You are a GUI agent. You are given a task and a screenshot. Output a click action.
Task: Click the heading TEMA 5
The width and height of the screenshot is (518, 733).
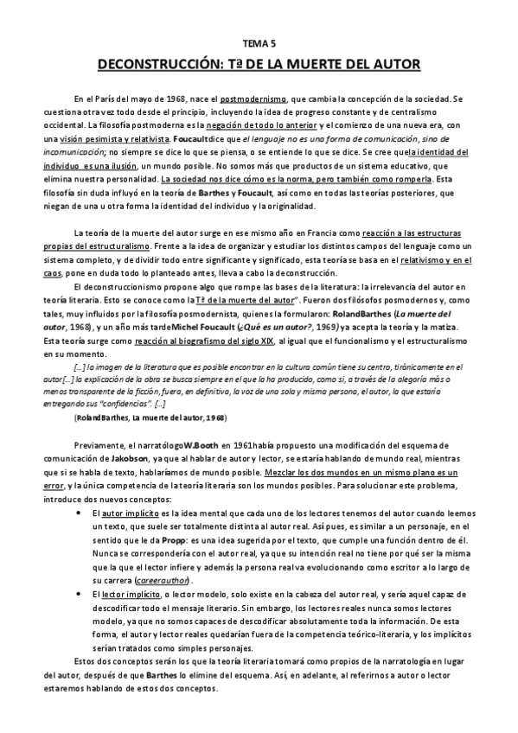pyautogui.click(x=259, y=41)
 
